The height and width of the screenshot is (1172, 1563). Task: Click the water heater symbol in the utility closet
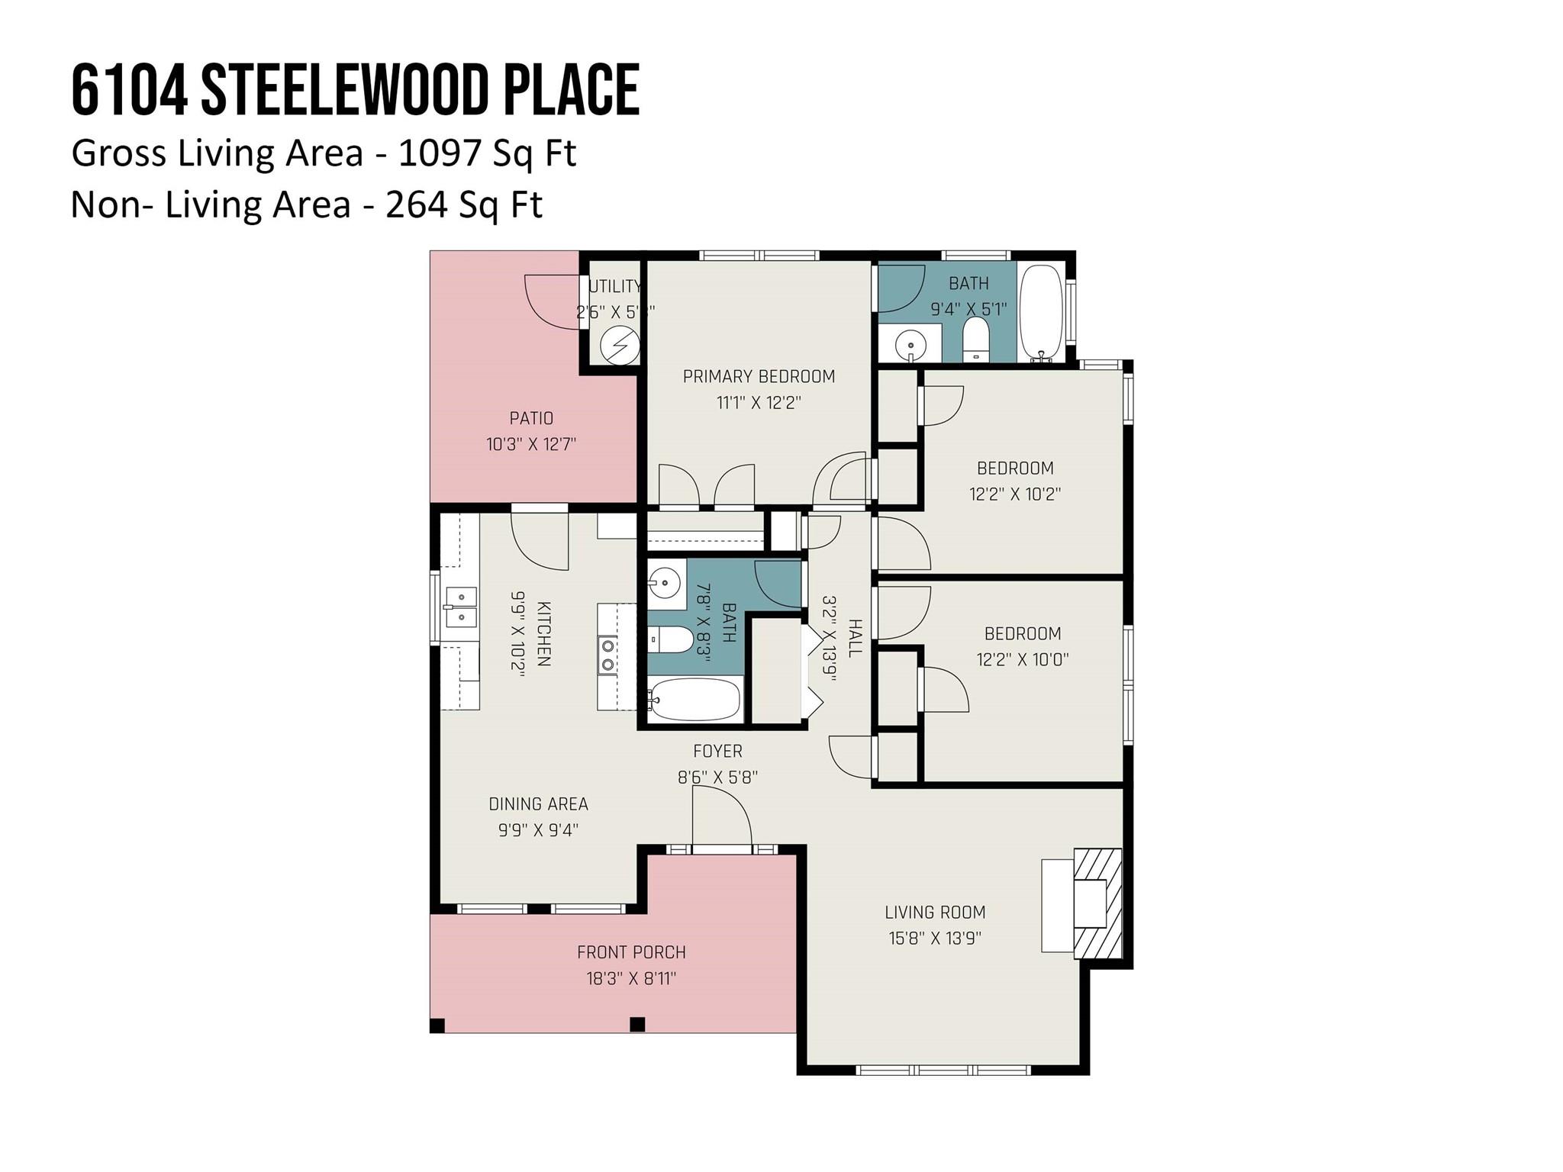tap(619, 346)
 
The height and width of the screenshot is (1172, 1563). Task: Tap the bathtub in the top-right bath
tap(1041, 312)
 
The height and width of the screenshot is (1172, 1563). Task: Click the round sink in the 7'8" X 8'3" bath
tap(665, 584)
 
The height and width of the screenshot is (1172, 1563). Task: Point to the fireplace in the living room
tap(1097, 903)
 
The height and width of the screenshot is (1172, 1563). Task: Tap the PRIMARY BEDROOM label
tap(759, 376)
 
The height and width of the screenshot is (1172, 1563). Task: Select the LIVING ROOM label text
tap(935, 912)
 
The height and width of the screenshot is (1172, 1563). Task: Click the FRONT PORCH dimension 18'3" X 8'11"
tap(631, 978)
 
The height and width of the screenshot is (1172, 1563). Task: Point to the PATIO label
tap(531, 418)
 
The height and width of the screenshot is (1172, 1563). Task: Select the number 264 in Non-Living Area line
tap(416, 204)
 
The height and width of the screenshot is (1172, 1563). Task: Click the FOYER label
tap(717, 752)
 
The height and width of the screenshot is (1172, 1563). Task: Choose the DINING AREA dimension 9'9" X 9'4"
tap(538, 829)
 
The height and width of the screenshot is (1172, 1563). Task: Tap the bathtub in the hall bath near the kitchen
tap(694, 699)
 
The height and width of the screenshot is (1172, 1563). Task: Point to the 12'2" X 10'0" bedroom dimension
tap(1023, 659)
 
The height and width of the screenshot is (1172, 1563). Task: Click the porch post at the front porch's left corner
tap(437, 1025)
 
